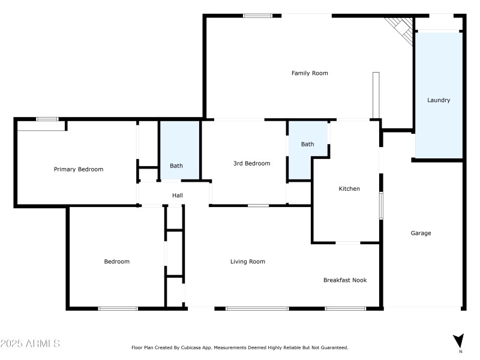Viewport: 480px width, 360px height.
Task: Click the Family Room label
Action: pos(310,73)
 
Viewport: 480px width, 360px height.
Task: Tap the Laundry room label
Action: pos(438,100)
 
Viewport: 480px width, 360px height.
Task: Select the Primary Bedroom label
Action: pos(79,169)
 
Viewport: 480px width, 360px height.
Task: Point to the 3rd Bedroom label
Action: pos(251,163)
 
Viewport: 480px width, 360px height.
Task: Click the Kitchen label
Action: pos(349,189)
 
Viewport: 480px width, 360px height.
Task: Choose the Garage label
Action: pos(421,233)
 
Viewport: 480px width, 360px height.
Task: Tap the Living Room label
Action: pos(248,262)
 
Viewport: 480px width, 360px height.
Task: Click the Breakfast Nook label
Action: pos(345,280)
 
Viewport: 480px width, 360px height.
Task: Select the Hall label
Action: pos(178,195)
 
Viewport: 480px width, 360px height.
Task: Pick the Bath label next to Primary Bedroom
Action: pos(176,166)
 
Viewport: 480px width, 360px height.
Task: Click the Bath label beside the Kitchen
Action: pos(307,144)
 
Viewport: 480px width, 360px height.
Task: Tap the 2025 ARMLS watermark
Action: pos(30,344)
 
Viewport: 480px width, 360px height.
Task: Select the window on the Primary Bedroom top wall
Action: pos(47,119)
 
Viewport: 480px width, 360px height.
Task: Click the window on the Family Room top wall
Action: pos(257,16)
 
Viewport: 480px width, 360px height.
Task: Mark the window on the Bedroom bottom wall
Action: pos(118,308)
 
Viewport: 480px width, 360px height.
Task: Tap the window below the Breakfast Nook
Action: pos(346,308)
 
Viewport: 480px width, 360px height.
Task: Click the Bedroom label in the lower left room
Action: pos(116,262)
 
